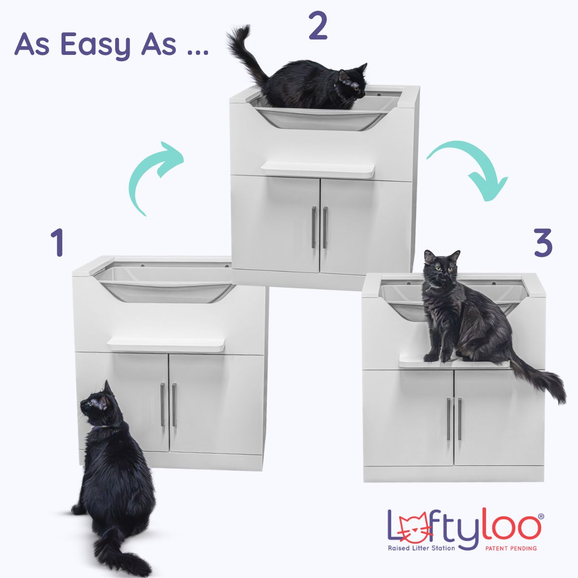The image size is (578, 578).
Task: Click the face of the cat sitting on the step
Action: (441, 267)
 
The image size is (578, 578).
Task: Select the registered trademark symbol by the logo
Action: (539, 499)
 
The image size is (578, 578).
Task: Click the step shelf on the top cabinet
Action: (318, 169)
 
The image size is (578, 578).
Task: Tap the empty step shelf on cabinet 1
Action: (167, 344)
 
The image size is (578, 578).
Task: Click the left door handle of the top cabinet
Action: (314, 227)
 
